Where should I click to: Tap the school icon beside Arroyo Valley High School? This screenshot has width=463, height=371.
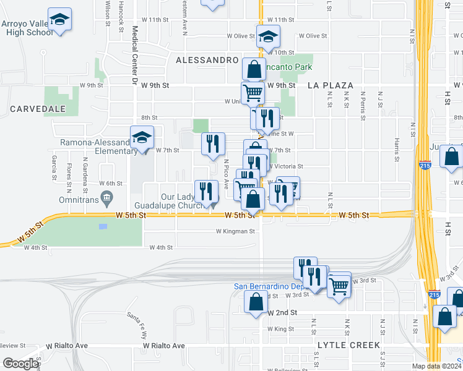click(59, 20)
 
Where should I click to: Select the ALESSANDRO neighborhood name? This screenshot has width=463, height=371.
click(207, 60)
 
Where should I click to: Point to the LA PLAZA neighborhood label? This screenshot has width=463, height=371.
click(331, 85)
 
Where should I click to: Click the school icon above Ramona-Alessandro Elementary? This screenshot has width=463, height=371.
click(142, 138)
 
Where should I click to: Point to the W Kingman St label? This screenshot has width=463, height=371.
click(235, 231)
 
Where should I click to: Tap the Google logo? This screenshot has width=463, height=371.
click(20, 364)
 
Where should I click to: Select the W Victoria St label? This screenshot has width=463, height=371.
click(285, 166)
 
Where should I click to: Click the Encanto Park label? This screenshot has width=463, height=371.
click(288, 66)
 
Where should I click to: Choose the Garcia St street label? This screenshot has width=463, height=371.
click(54, 164)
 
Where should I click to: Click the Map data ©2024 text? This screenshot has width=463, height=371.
click(436, 365)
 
